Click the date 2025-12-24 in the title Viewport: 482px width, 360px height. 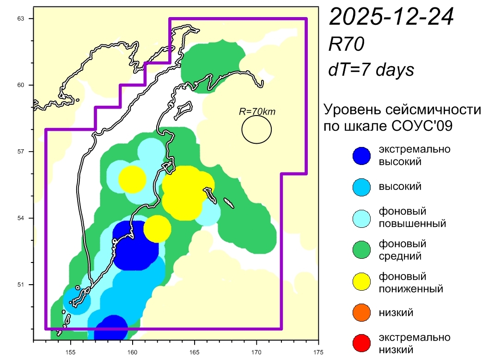click(391, 17)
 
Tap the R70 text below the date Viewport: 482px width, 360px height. click(346, 44)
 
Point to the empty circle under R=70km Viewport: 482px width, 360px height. click(256, 129)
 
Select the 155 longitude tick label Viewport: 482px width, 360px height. click(71, 350)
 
